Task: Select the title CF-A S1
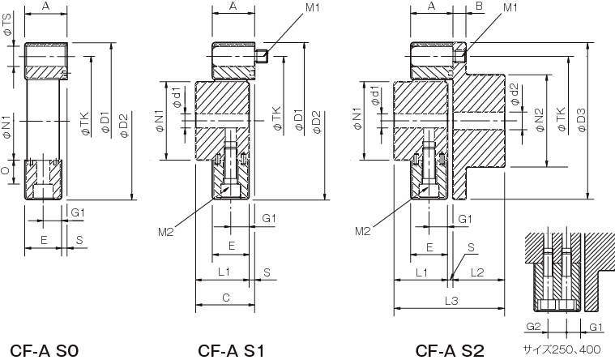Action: point(231,350)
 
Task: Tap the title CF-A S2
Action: point(449,350)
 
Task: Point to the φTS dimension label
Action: point(7,32)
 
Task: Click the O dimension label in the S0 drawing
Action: point(7,172)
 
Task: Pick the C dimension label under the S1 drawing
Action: point(226,298)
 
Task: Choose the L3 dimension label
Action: point(451,300)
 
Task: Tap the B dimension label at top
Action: point(479,7)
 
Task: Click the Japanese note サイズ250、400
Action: point(562,350)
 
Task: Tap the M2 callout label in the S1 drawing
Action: point(166,232)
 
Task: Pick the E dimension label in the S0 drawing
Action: point(44,242)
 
